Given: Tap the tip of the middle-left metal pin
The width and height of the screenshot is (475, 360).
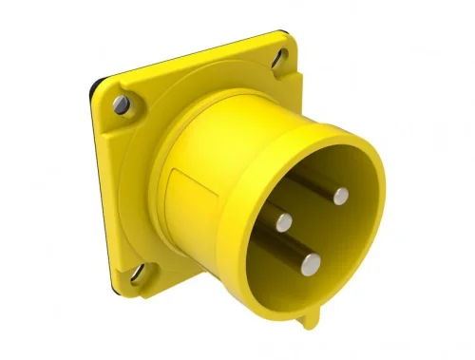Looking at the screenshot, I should tap(283, 222).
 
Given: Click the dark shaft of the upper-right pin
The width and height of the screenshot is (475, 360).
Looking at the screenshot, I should tap(318, 182).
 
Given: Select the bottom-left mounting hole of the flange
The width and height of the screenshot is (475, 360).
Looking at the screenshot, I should tap(139, 276).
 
